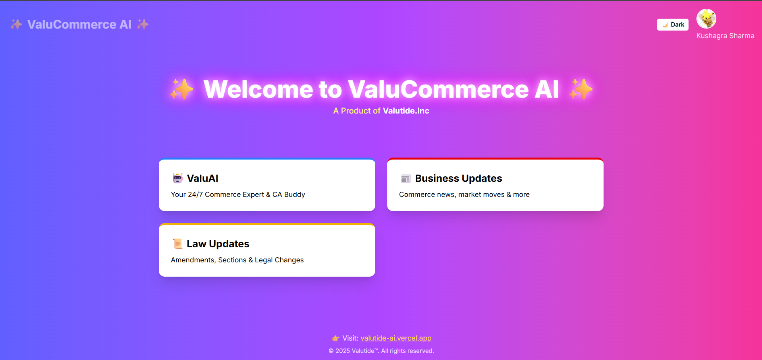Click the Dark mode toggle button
click(x=673, y=25)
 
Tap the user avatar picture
click(x=706, y=19)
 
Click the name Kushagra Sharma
click(x=725, y=36)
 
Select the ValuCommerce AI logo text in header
click(x=79, y=25)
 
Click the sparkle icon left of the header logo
click(x=16, y=25)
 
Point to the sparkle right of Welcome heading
click(x=581, y=89)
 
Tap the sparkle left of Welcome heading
click(x=181, y=89)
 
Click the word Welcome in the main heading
click(x=258, y=89)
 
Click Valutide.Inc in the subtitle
click(x=406, y=111)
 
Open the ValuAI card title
click(x=203, y=179)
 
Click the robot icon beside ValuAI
click(x=177, y=179)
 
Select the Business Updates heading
click(x=458, y=179)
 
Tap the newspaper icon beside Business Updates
click(x=405, y=179)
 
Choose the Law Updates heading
click(x=218, y=244)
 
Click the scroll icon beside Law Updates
click(x=177, y=244)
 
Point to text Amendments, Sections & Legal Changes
click(x=237, y=260)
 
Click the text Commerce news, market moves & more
click(x=464, y=194)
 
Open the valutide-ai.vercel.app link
click(x=396, y=338)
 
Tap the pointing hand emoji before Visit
click(x=336, y=338)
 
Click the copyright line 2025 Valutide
click(x=381, y=351)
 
